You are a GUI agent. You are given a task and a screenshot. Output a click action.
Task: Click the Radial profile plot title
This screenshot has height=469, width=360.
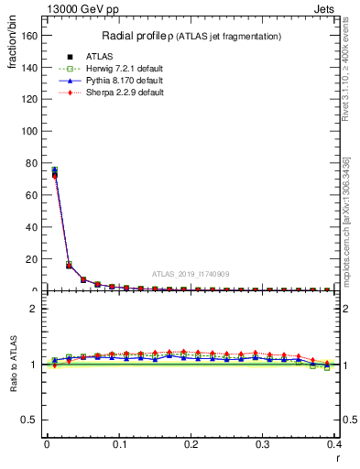click(x=191, y=36)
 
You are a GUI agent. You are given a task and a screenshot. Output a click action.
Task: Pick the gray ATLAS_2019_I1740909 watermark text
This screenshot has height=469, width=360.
click(x=191, y=273)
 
